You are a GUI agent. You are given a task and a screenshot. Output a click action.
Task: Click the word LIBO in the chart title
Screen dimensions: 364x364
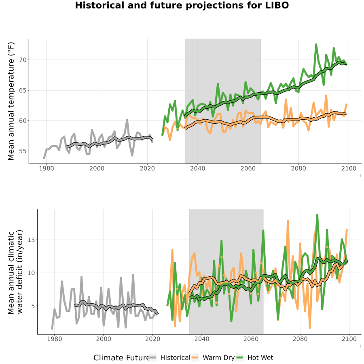(x=277, y=5)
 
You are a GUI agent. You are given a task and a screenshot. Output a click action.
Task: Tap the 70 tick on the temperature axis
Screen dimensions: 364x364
(x=23, y=60)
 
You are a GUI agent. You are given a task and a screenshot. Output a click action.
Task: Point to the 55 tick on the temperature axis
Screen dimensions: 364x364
(x=23, y=151)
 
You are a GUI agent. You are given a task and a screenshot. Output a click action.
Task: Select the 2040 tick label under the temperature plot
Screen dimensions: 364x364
(x=197, y=168)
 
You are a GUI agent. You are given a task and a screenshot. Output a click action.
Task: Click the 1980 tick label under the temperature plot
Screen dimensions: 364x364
(x=47, y=168)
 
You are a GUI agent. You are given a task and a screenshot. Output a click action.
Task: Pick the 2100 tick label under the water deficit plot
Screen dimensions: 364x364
(x=349, y=339)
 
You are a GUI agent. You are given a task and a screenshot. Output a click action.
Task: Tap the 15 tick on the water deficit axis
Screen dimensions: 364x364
(x=31, y=240)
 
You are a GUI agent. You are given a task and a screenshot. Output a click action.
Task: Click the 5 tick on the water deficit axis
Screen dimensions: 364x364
(x=33, y=306)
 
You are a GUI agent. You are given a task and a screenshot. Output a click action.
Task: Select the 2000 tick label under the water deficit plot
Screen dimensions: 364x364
(x=104, y=339)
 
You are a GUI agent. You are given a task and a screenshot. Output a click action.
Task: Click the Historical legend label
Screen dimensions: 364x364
(x=175, y=358)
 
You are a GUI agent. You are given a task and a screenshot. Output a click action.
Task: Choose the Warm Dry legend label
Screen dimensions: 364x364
(x=219, y=358)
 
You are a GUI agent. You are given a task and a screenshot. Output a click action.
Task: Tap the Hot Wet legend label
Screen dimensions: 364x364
(x=260, y=358)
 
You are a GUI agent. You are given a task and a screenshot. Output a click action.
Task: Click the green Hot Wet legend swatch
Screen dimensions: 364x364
(x=239, y=358)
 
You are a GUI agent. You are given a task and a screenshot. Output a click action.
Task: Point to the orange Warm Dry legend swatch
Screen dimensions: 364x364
(x=195, y=358)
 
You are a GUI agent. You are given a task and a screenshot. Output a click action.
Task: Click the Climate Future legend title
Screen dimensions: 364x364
(x=121, y=358)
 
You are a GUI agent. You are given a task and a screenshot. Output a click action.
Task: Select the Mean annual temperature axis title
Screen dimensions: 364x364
(x=11, y=101)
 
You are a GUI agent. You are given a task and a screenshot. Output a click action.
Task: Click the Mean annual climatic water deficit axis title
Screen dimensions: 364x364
(x=15, y=272)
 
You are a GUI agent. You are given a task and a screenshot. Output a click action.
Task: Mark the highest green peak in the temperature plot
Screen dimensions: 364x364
(x=316, y=44)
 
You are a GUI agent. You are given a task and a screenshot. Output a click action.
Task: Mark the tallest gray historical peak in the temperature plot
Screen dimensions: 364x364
(x=127, y=120)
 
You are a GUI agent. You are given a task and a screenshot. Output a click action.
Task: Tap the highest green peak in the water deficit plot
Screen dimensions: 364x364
(x=317, y=215)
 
